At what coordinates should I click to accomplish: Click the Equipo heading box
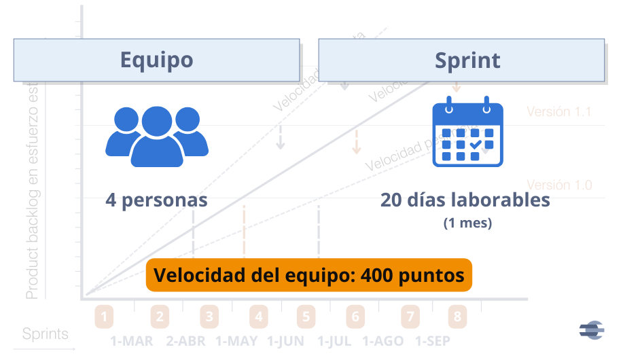[x=156, y=60]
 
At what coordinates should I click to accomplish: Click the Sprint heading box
[x=461, y=60]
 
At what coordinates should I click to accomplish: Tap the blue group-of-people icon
[x=157, y=136]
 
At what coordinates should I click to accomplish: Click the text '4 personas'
[x=156, y=200]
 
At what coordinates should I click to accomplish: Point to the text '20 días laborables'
[x=465, y=200]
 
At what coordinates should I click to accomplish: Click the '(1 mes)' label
[x=467, y=223]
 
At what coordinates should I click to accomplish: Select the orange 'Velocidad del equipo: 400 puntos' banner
[x=308, y=276]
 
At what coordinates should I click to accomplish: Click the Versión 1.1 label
[x=558, y=112]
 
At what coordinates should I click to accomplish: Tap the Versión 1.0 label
[x=558, y=185]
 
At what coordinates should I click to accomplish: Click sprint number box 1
[x=104, y=317]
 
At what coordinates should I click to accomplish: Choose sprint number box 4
[x=258, y=317]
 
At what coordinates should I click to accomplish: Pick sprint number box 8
[x=457, y=317]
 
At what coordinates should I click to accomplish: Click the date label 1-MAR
[x=132, y=340]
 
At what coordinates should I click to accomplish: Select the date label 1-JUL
[x=334, y=340]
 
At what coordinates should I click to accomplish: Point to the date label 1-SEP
[x=432, y=340]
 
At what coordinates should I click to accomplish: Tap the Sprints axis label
[x=46, y=334]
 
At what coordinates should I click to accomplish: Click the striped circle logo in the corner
[x=591, y=329]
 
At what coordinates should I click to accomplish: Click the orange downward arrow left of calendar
[x=356, y=141]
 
